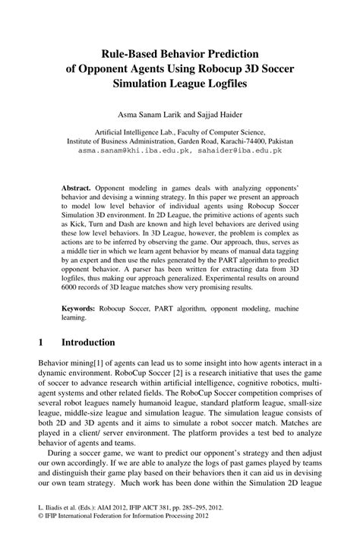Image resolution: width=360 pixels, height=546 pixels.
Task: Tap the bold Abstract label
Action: click(77, 187)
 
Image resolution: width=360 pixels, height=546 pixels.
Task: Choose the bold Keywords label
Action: click(80, 310)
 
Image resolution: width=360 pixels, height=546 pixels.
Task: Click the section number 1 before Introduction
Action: click(41, 342)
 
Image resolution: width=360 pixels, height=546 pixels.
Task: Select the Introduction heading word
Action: click(88, 342)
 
